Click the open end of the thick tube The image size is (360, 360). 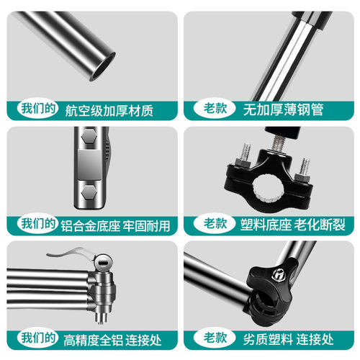102,66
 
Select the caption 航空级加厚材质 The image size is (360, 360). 109,111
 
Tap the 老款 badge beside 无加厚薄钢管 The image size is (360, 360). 215,108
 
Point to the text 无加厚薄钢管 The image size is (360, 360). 283,110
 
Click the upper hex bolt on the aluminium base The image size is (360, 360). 89,136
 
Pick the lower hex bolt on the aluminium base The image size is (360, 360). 89,192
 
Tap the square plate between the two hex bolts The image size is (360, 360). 89,165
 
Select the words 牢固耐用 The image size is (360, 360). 147,225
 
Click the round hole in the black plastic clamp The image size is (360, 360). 268,188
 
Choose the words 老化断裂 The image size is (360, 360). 320,225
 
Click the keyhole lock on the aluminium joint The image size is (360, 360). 103,264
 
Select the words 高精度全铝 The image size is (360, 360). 93,340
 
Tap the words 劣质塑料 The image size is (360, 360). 268,339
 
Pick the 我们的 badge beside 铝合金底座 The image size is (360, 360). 38,223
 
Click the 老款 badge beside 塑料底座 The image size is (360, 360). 215,223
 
